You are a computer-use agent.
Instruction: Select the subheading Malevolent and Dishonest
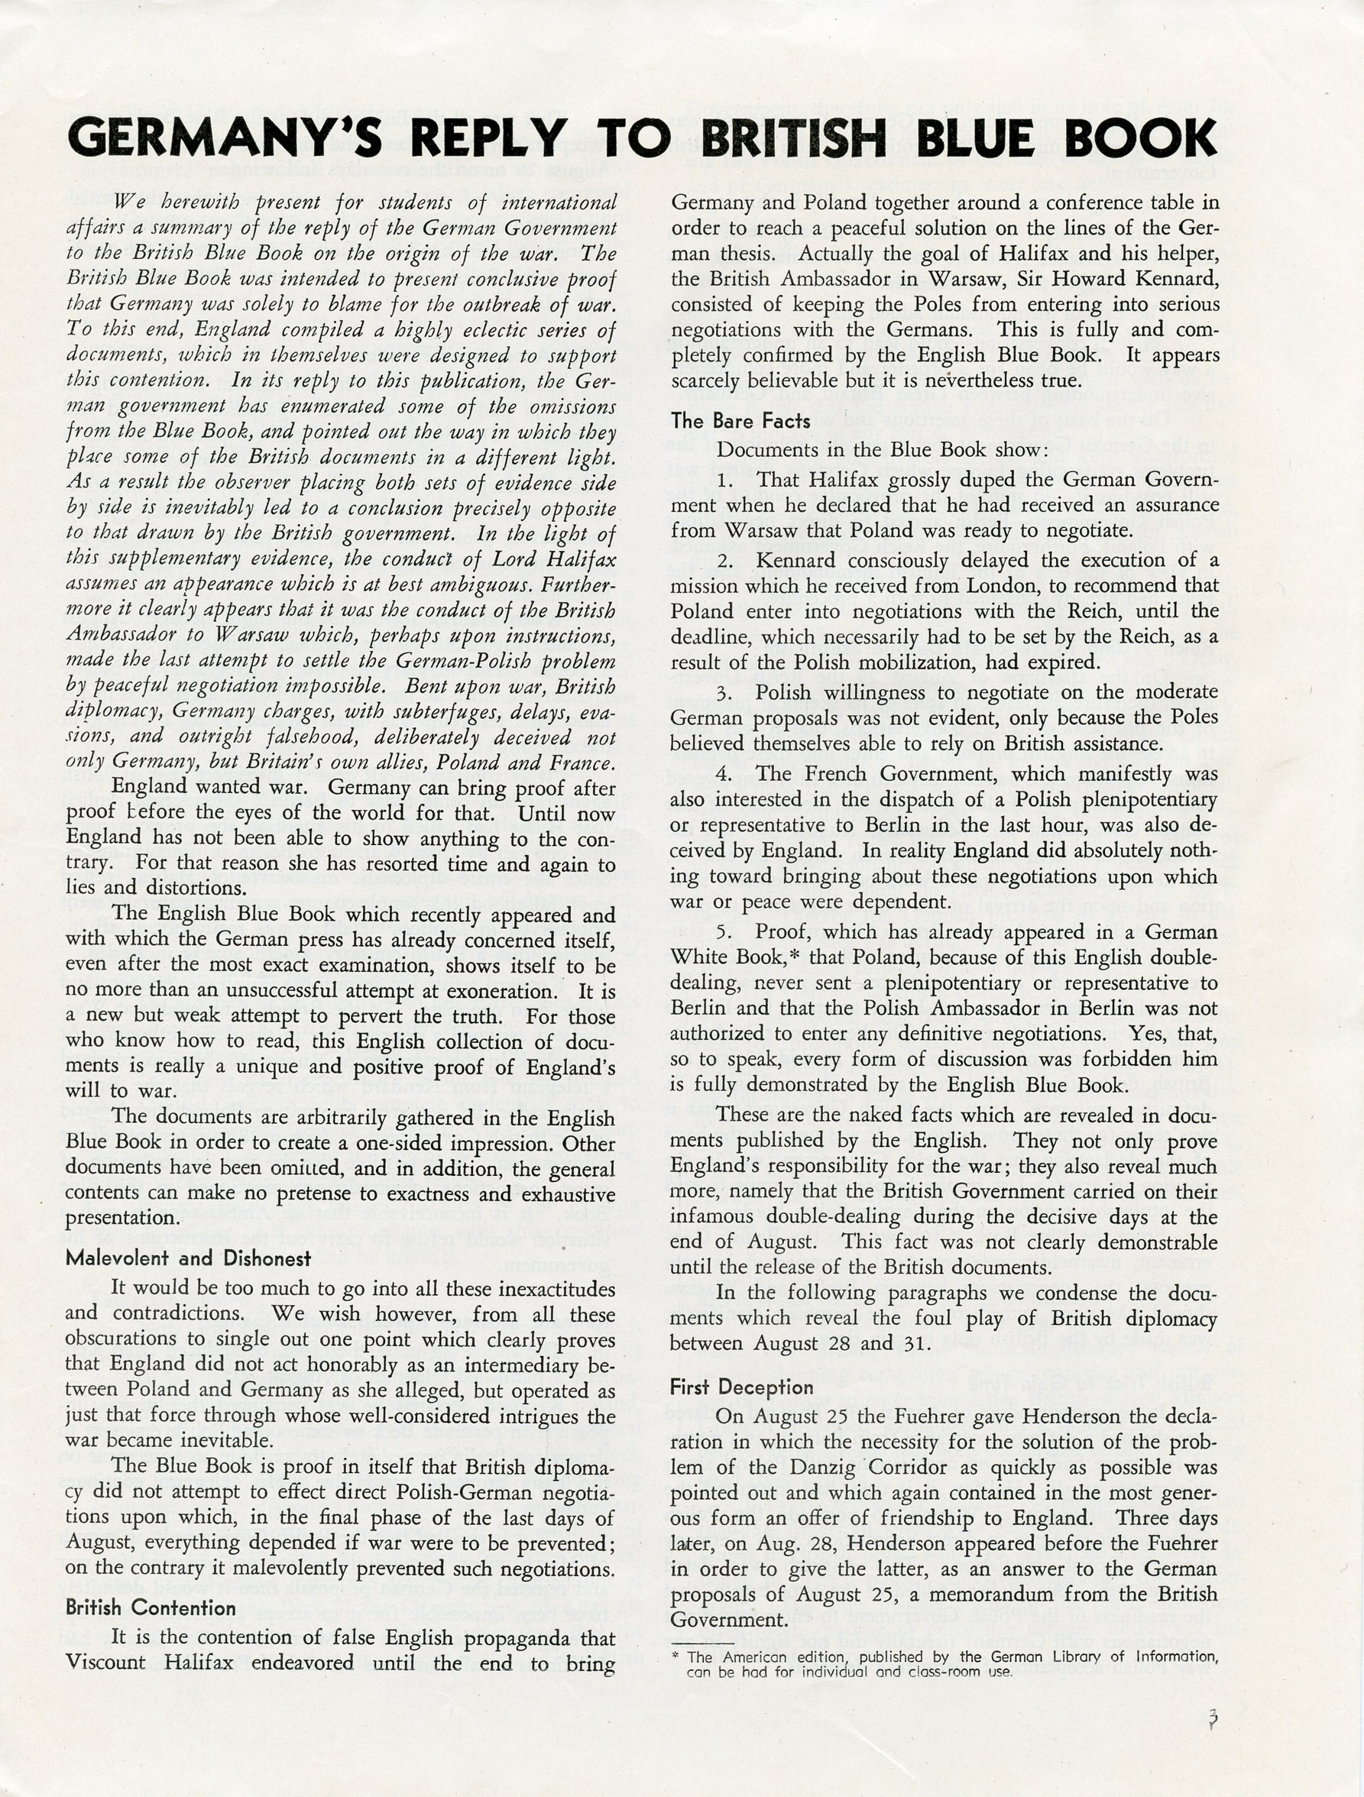pyautogui.click(x=189, y=1258)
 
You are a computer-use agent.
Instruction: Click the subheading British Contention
pyautogui.click(x=151, y=1608)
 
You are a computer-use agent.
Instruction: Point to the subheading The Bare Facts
pyautogui.click(x=740, y=421)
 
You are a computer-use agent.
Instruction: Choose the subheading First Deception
pyautogui.click(x=742, y=1387)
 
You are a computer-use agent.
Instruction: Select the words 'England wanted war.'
pyautogui.click(x=215, y=788)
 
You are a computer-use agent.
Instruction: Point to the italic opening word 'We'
pyautogui.click(x=131, y=202)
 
